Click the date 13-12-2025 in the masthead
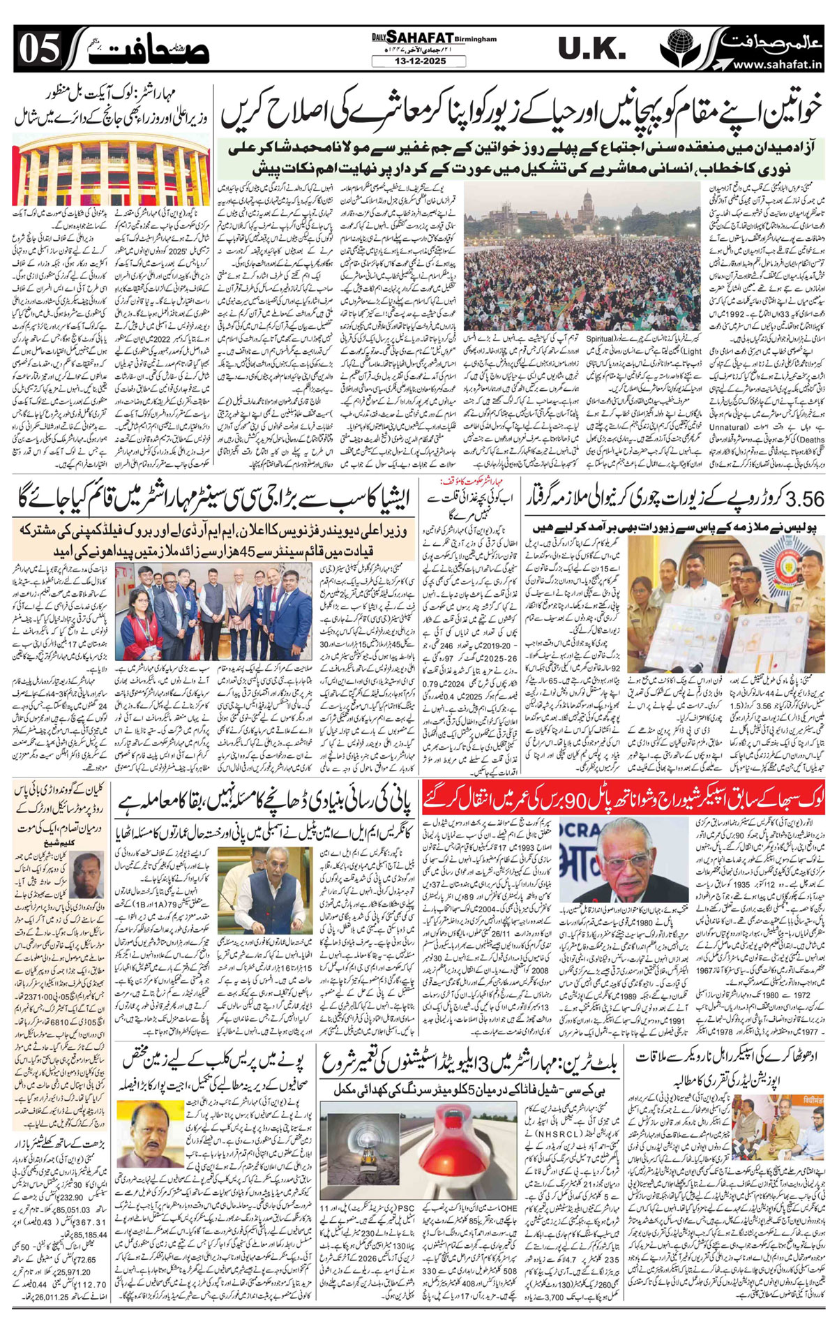418,61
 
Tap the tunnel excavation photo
369,1150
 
